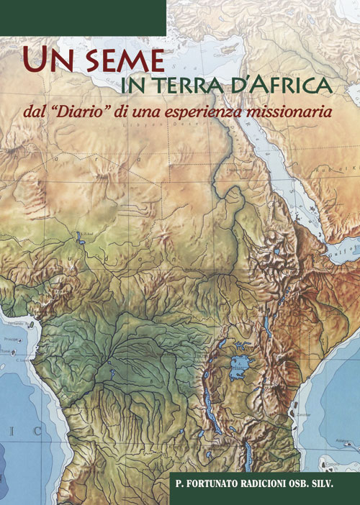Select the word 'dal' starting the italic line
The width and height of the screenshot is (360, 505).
tap(34, 112)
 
